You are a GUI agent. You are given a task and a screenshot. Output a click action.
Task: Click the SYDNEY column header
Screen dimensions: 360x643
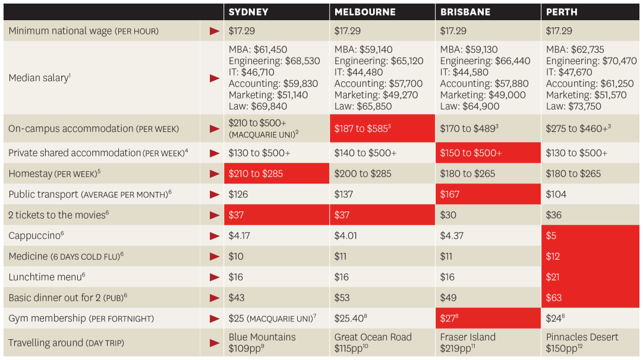[x=248, y=12]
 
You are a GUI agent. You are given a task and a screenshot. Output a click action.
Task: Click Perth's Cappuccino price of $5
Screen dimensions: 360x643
[x=551, y=236]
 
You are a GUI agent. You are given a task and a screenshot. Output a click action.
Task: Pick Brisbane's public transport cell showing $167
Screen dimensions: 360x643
[x=450, y=194]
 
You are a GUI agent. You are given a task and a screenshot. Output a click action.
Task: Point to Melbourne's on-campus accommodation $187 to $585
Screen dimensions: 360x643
[x=362, y=128]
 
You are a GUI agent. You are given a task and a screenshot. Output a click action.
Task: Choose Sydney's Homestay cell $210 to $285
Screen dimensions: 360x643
[x=256, y=173]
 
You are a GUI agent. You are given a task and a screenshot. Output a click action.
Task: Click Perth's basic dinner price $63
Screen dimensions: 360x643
[x=554, y=298]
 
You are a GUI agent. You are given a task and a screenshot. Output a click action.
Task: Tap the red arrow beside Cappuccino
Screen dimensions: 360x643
[x=215, y=236]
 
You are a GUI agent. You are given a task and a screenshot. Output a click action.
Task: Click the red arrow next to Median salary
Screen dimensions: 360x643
[x=215, y=78]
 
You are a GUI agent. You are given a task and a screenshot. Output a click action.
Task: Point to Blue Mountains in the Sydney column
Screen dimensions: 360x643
[x=262, y=337]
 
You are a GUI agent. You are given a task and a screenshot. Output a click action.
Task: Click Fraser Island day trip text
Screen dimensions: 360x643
[x=468, y=337]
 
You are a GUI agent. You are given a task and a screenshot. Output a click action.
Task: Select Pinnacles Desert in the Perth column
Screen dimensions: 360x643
[x=582, y=337]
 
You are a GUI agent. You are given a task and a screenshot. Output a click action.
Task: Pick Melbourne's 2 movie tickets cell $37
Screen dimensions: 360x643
[x=343, y=215]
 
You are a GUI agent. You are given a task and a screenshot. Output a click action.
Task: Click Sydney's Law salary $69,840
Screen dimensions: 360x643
[x=258, y=106]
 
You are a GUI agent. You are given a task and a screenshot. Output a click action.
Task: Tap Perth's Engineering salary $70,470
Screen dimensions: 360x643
[x=591, y=61]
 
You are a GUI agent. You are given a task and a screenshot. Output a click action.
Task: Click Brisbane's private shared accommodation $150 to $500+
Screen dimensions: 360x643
[x=471, y=153]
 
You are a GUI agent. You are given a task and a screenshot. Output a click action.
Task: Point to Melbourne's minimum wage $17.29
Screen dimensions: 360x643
[x=347, y=30]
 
